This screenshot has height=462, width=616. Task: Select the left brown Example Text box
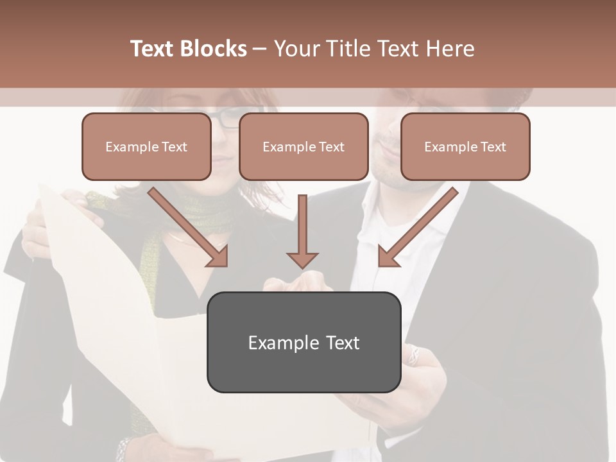(146, 147)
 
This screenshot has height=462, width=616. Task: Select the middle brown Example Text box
(304, 147)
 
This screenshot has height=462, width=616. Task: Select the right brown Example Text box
(465, 147)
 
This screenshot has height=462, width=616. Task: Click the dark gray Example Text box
(304, 342)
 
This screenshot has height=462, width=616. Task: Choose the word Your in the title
(295, 49)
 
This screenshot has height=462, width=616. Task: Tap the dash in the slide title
(260, 49)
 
